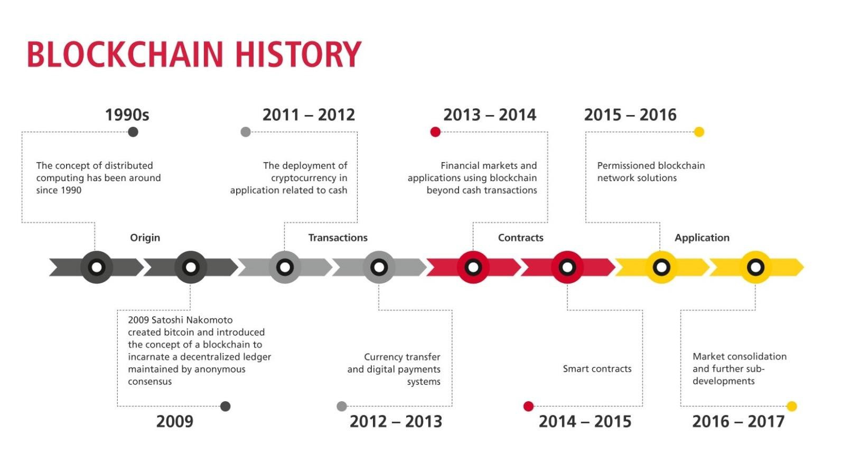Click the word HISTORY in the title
coord(298,54)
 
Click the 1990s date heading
coord(127,115)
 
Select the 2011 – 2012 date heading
coord(309,115)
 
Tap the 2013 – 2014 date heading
coord(490,115)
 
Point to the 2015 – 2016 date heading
coord(630,115)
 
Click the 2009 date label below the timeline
coord(174,422)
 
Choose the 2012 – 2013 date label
coord(396,422)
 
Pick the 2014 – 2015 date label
coord(585,422)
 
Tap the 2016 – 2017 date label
coord(738,422)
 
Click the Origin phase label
coord(145,238)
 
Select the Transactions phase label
coord(338,238)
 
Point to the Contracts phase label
coord(521,238)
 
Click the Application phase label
coord(702,238)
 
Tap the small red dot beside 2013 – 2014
coord(435,132)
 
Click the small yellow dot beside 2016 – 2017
coord(791,406)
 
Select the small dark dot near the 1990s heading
coord(133,132)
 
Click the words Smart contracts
coord(597,368)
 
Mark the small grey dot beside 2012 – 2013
coord(342,406)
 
